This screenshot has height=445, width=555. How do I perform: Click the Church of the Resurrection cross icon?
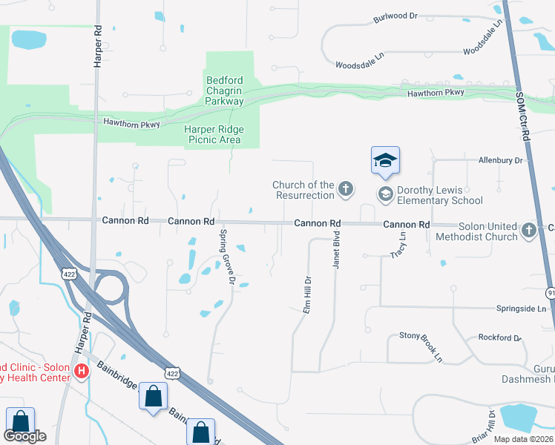tap(345, 189)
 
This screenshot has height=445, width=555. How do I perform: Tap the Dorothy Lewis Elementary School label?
tap(440, 195)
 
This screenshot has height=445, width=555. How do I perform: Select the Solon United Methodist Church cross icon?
tap(528, 230)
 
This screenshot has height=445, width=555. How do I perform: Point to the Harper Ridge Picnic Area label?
tap(214, 133)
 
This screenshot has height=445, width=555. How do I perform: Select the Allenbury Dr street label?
tap(501, 159)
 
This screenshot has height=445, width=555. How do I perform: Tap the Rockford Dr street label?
tap(500, 337)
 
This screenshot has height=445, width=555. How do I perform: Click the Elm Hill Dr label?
tap(306, 295)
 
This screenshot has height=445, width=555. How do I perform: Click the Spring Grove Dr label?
tap(226, 257)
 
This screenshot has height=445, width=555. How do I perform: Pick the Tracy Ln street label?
tap(398, 245)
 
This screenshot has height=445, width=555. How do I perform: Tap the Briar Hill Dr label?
tap(491, 426)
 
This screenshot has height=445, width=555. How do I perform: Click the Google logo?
tap(24, 436)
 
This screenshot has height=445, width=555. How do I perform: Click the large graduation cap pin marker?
tap(385, 161)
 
